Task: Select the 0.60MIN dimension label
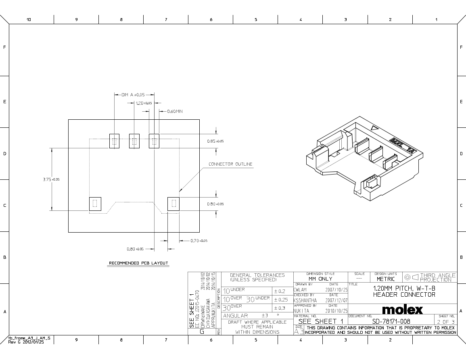(175, 111)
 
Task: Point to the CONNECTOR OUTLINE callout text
(230, 164)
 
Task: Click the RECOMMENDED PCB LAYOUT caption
(138, 263)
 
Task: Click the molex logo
(402, 310)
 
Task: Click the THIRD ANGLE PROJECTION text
(437, 277)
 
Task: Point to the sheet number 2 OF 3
(446, 322)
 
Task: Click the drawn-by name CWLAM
(300, 289)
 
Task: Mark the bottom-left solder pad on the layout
(95, 204)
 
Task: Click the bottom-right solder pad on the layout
(173, 204)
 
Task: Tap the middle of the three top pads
(134, 141)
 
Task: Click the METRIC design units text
(385, 279)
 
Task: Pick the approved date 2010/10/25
(336, 311)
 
